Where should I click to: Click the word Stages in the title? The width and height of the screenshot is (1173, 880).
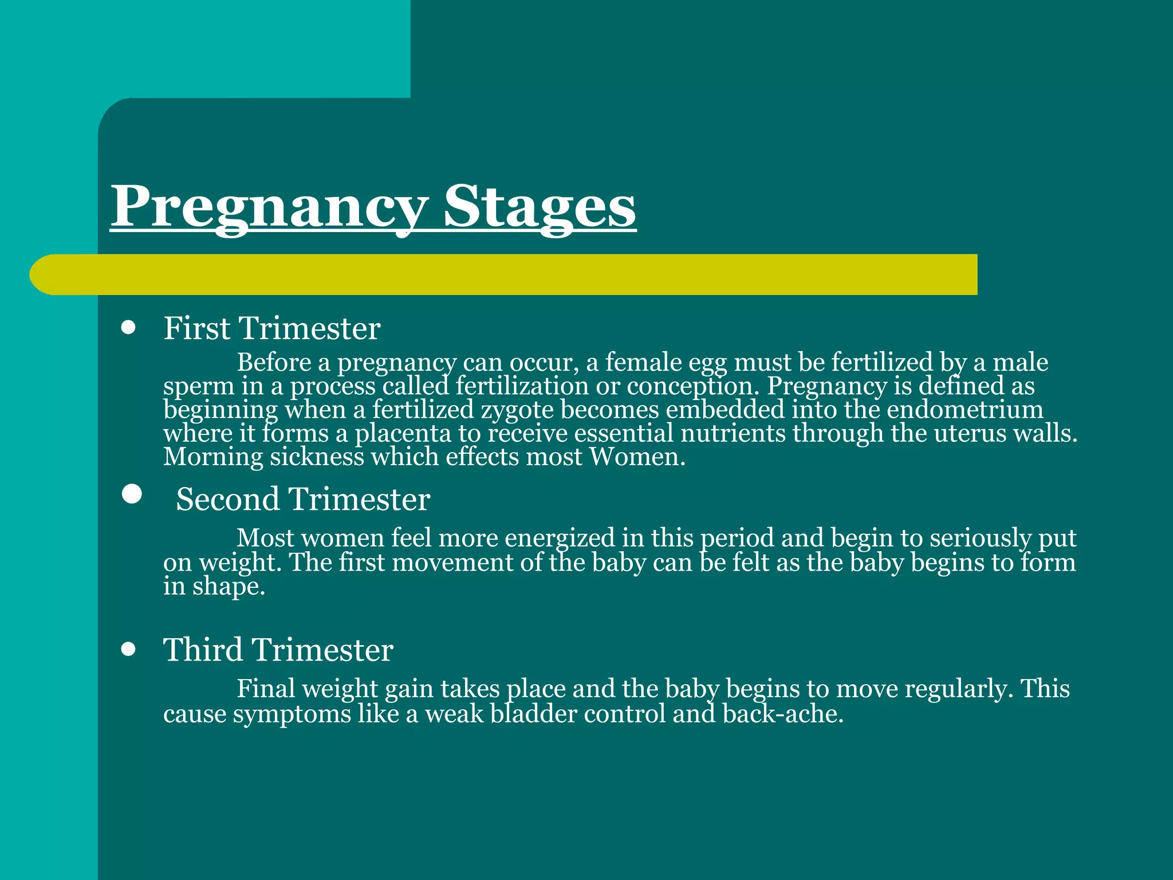click(540, 207)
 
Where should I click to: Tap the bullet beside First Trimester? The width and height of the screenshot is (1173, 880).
click(129, 328)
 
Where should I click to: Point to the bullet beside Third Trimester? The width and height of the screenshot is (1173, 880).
click(129, 650)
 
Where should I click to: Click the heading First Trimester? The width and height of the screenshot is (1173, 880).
click(271, 329)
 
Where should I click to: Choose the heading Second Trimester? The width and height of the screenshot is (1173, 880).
click(302, 499)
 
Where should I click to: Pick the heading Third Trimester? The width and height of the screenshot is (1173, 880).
click(278, 650)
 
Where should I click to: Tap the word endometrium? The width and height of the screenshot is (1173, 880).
click(965, 410)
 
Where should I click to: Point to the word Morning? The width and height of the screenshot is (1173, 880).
click(213, 458)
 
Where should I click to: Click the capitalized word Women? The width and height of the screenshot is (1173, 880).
click(637, 457)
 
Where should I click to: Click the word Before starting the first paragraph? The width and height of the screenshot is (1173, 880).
click(274, 363)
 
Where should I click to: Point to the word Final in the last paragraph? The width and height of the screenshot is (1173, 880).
click(266, 689)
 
